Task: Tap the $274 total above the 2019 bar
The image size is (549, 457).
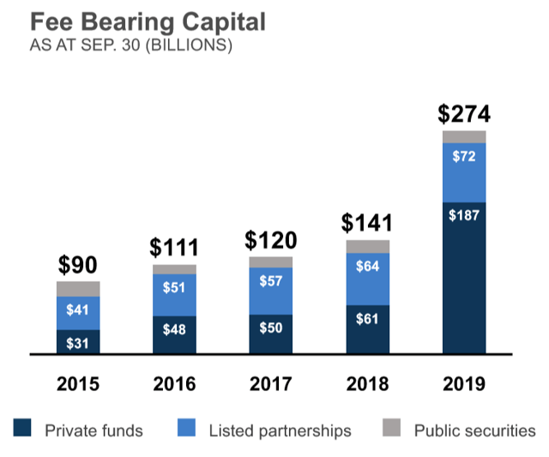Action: coord(464,115)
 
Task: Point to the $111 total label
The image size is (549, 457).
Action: coord(174,248)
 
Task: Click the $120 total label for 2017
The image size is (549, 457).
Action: coord(270,240)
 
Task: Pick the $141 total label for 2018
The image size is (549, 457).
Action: coord(367,223)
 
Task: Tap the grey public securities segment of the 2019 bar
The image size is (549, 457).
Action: coord(464,137)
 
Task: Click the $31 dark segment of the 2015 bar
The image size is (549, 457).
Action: coord(78,342)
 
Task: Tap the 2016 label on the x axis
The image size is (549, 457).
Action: coord(174,384)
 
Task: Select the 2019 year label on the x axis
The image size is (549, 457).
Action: coord(464,384)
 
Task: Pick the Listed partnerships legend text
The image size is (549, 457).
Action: coord(280,430)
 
